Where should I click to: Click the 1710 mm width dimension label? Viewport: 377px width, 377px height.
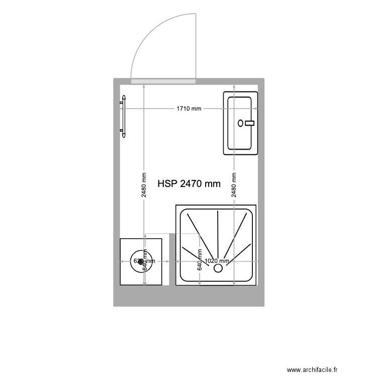click(189, 109)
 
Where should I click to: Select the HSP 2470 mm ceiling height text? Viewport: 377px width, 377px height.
click(189, 184)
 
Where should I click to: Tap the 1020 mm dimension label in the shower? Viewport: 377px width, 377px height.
click(217, 261)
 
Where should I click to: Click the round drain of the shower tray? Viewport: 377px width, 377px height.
click(218, 268)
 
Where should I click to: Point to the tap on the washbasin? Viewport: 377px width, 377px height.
click(250, 123)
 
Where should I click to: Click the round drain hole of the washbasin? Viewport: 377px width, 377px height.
click(241, 123)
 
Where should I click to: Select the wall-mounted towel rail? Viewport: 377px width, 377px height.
click(123, 116)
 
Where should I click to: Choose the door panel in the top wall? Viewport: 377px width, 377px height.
click(163, 81)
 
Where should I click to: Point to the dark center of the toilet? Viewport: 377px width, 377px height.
click(141, 261)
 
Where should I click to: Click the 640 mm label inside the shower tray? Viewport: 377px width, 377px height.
click(200, 260)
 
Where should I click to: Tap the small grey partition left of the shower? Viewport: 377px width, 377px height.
click(172, 259)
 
